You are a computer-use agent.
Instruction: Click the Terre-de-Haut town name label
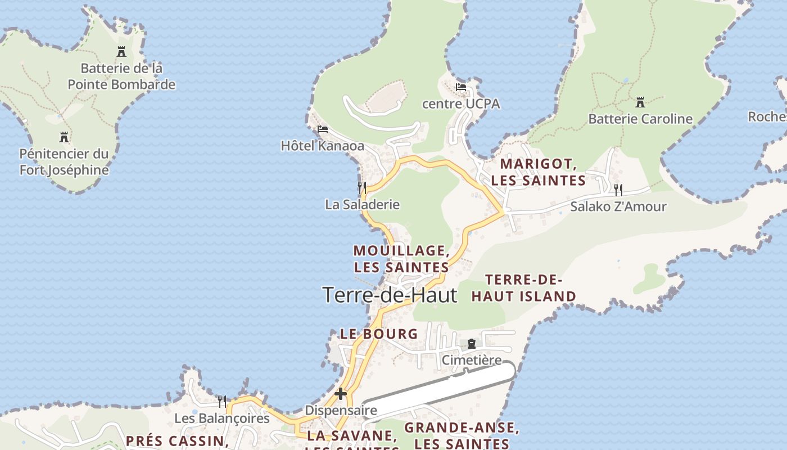(390, 295)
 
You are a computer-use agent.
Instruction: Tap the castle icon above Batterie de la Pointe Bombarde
(121, 52)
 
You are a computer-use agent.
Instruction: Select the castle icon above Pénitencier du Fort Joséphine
(64, 137)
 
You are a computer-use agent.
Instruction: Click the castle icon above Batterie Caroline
(640, 102)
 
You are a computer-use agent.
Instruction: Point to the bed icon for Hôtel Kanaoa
(322, 129)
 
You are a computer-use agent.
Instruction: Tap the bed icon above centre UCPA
(461, 87)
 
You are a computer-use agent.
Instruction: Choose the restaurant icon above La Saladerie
(362, 187)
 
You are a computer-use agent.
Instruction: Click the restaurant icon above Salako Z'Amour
(618, 190)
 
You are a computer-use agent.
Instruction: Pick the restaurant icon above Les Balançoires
(222, 401)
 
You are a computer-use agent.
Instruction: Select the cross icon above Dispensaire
(341, 394)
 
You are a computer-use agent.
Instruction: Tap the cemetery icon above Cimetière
(472, 343)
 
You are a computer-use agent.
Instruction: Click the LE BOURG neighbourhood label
(379, 334)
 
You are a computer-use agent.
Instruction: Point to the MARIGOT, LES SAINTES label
(539, 172)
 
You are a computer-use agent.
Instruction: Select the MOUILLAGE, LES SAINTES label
(401, 258)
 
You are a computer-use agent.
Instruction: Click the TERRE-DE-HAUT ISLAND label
(523, 288)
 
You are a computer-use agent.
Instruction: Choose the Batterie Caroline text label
(640, 119)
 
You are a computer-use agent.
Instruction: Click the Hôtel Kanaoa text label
(323, 146)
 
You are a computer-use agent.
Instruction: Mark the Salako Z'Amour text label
(618, 206)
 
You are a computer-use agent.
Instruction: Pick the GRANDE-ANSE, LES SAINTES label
(462, 435)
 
